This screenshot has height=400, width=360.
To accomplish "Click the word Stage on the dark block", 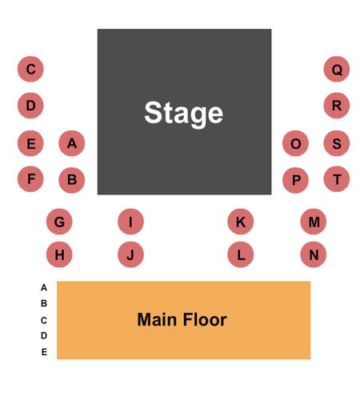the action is point(184,113).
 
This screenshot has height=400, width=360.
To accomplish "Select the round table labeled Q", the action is point(337,69).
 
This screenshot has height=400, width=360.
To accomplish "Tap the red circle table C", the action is point(30,69).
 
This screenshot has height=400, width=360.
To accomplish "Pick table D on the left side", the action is point(30,106).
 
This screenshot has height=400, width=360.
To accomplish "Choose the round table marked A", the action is point(72,143).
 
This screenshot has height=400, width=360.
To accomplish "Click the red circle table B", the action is point(72,179).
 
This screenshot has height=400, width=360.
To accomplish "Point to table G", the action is point(59,222).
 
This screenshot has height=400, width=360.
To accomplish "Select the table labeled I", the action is point(130,222).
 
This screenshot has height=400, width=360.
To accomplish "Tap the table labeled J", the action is point(130,254).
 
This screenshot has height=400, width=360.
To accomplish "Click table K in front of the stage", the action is point(241,222).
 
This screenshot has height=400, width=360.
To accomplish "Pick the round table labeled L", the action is point(241,254).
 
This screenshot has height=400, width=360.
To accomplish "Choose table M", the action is point(314,222).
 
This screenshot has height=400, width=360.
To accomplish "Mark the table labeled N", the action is point(314,254).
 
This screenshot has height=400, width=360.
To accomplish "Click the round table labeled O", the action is point(295,143).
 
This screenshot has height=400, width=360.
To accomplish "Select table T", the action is point(337,179).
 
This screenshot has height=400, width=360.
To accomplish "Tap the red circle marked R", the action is point(337,106).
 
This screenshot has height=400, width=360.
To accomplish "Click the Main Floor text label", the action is point(182,319).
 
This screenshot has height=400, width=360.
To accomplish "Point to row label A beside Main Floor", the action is point(44,287).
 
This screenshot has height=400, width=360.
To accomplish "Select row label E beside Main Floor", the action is point(44,352).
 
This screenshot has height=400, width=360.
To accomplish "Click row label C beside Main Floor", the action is point(44,320).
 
